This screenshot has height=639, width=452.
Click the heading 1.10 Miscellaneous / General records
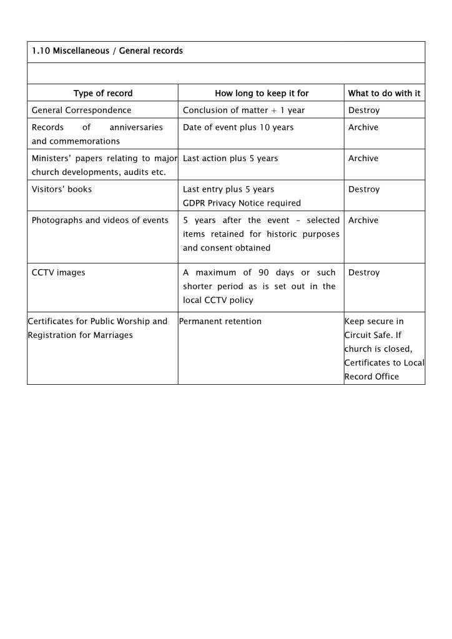tap(107, 51)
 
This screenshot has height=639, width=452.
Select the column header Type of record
tap(103, 93)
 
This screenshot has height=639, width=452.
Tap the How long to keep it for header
tap(262, 93)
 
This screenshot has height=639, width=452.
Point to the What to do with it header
tap(384, 93)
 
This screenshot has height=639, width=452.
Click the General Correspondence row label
tap(81, 110)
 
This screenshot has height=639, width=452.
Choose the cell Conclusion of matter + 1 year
tap(243, 110)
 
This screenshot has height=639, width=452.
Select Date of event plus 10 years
tap(238, 127)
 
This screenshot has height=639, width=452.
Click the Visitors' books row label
tap(62, 189)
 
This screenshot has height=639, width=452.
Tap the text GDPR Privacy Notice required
tap(242, 202)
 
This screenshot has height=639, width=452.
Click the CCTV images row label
tap(58, 272)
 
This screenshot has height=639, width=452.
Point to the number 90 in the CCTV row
tap(263, 272)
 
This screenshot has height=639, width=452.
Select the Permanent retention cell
tap(220, 321)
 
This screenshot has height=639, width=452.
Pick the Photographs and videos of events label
tap(100, 220)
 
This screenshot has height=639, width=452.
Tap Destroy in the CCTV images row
tap(364, 272)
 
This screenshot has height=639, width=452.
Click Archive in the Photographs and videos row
tap(363, 220)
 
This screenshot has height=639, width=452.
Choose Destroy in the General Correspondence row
tap(364, 110)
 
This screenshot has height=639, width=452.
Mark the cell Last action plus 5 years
tap(230, 158)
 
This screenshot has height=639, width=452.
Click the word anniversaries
tap(136, 127)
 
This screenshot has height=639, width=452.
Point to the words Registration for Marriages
tap(81, 335)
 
